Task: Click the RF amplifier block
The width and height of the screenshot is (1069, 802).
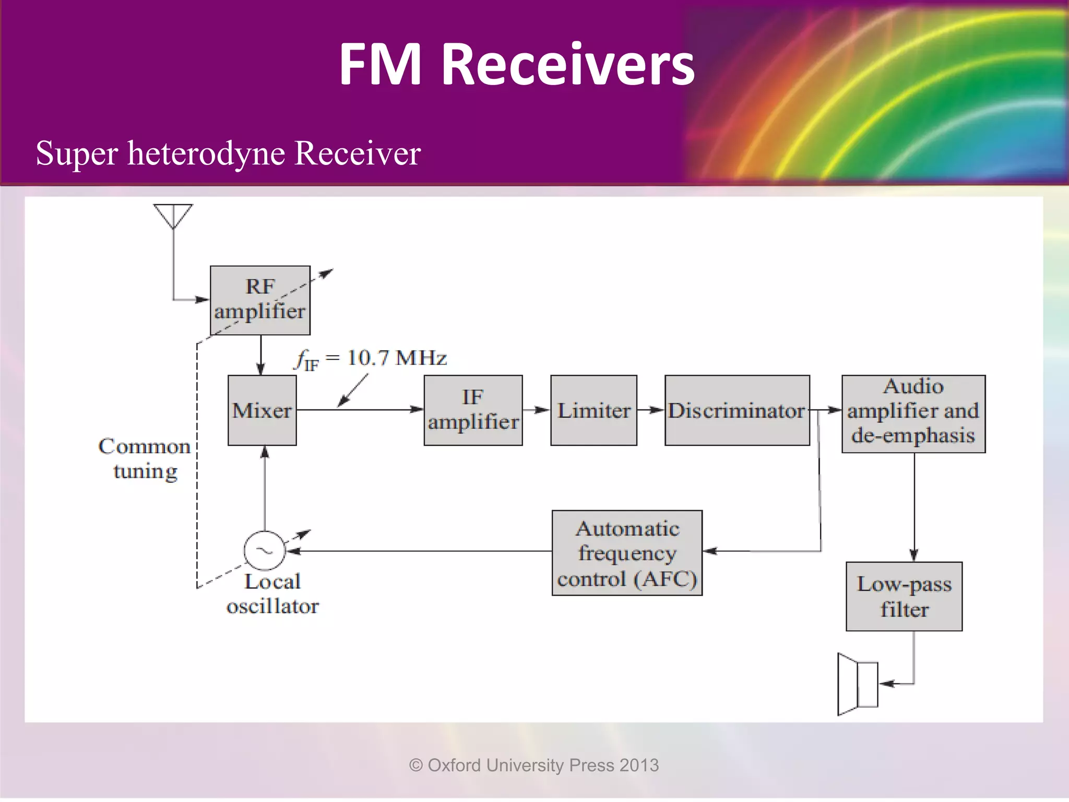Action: (260, 300)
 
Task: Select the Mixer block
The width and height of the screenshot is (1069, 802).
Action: (262, 410)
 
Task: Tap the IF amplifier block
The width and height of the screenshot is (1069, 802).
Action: (473, 410)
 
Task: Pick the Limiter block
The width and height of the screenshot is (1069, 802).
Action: (593, 410)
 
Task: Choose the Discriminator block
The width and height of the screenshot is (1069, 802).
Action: (737, 410)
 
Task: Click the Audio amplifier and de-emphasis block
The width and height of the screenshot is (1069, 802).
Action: (913, 414)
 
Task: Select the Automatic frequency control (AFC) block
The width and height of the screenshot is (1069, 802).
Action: (627, 553)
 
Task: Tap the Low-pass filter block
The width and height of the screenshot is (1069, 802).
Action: (904, 596)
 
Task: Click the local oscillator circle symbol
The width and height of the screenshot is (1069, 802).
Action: (265, 551)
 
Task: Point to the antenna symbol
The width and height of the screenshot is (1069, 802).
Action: (173, 216)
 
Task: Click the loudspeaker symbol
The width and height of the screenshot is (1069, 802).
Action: (858, 684)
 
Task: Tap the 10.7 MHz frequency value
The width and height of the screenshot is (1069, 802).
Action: (397, 358)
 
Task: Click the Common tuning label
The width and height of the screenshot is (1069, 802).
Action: (145, 458)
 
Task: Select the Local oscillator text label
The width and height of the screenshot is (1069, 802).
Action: (272, 594)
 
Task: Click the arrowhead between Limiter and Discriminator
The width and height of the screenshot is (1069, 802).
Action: (657, 410)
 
